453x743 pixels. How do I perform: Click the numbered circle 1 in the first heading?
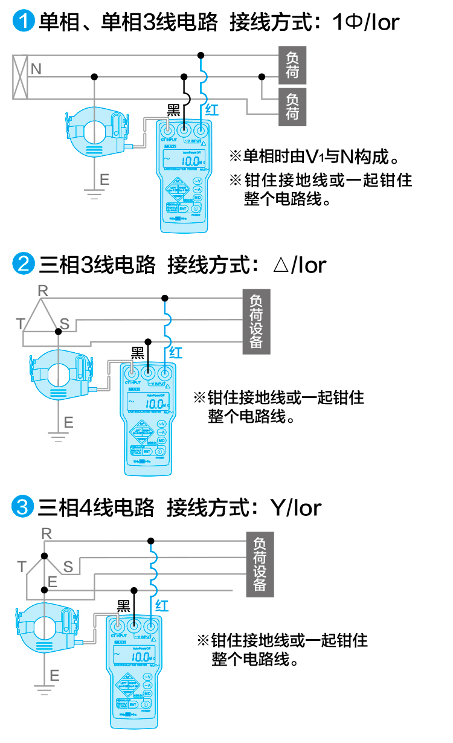(x=24, y=22)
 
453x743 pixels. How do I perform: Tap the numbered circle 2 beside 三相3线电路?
(x=24, y=264)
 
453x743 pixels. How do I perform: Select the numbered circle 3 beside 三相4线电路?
(x=24, y=507)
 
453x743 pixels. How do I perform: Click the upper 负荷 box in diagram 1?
(x=292, y=65)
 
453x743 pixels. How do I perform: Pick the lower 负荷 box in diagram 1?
(x=292, y=107)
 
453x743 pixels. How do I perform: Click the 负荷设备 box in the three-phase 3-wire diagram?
(x=257, y=321)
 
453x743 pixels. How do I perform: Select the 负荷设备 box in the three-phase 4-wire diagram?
(x=260, y=565)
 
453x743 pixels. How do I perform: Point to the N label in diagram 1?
(x=36, y=69)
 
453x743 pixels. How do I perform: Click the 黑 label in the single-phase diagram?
(x=173, y=110)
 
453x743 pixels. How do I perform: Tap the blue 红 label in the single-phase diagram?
(x=211, y=110)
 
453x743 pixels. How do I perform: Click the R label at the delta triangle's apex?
(x=42, y=291)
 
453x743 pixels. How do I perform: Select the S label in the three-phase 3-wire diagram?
(x=65, y=324)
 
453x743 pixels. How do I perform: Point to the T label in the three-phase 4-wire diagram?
(x=22, y=567)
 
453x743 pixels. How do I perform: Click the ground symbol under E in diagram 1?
(x=94, y=195)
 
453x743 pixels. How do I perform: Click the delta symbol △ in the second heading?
(x=281, y=265)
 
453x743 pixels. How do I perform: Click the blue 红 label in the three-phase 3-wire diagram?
(x=175, y=353)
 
